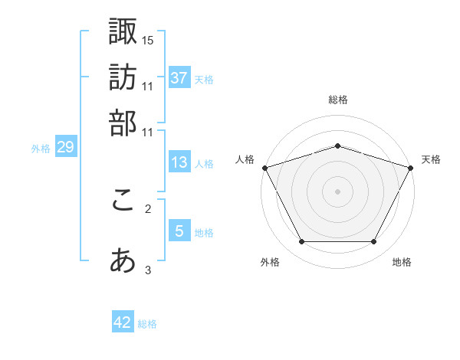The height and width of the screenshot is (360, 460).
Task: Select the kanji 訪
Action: click(x=123, y=77)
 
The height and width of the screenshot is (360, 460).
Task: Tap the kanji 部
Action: click(x=123, y=123)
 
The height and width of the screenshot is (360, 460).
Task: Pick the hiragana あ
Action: click(x=123, y=261)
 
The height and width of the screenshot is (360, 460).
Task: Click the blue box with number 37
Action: click(x=179, y=78)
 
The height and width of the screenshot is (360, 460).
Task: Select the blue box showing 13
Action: click(x=179, y=163)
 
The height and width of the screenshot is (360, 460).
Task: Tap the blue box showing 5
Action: click(x=179, y=231)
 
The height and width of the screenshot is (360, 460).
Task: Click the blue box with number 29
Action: click(x=65, y=148)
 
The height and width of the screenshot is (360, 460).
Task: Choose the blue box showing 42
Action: click(x=123, y=322)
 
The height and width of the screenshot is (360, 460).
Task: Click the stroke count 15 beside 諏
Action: click(x=148, y=39)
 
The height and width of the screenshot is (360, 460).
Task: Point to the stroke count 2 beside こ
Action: click(x=148, y=208)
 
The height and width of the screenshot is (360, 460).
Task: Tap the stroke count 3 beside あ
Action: click(x=148, y=270)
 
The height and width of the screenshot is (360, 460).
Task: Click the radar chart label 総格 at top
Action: click(x=337, y=100)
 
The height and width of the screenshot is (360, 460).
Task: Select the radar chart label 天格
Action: click(x=431, y=159)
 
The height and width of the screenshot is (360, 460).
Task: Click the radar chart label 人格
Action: click(x=245, y=159)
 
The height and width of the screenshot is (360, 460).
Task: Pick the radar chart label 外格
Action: click(x=270, y=263)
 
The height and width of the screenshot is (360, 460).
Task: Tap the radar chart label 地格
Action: click(x=402, y=263)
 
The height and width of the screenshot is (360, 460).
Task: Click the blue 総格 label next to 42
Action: click(x=147, y=324)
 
